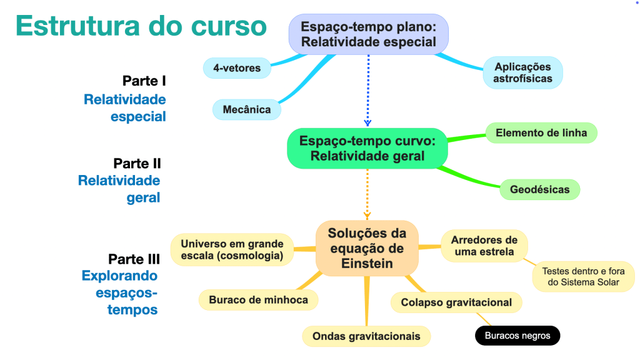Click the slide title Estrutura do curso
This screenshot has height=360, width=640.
tap(141, 26)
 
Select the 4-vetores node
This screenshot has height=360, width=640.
tap(237, 67)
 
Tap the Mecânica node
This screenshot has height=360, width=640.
tap(247, 109)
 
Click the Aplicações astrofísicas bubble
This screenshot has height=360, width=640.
tap(522, 72)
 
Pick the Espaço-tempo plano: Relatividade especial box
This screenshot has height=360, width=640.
tap(368, 34)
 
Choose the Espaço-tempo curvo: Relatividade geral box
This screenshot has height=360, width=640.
tap(367, 148)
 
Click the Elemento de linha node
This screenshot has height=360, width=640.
tap(541, 132)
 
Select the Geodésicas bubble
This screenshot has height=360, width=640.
tap(539, 189)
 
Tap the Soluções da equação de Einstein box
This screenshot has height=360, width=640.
tap(367, 248)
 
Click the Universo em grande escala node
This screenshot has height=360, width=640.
tap(232, 249)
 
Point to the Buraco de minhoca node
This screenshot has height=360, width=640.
tap(258, 299)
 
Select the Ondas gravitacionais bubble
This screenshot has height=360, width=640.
tap(366, 336)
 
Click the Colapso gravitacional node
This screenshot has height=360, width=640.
tap(456, 302)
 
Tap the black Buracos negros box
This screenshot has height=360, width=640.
tap(517, 336)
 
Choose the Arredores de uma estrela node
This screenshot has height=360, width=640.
tap(484, 246)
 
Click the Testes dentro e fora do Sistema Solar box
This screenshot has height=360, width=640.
tap(583, 276)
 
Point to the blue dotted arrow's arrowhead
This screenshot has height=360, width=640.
tap(367, 122)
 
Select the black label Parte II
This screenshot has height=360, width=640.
tap(137, 164)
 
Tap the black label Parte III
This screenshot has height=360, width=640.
tap(134, 259)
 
